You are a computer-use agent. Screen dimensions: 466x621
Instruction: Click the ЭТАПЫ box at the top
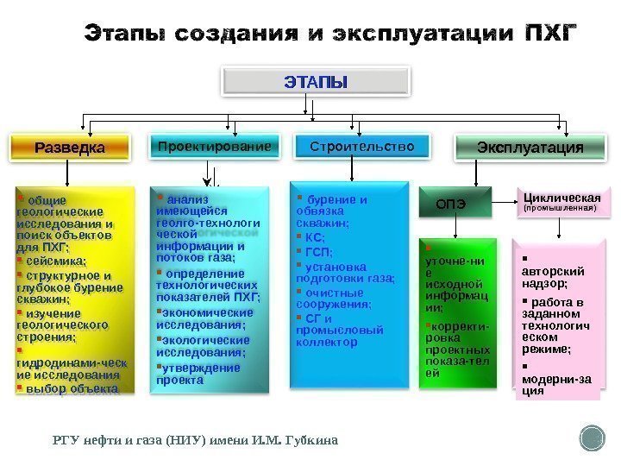(x=316, y=82)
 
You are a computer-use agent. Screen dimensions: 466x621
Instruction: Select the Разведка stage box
(x=69, y=148)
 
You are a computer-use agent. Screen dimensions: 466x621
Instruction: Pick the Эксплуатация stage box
(x=530, y=148)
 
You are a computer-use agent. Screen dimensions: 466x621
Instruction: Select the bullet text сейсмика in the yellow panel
(x=57, y=261)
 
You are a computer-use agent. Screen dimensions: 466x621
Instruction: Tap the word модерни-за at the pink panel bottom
(x=555, y=377)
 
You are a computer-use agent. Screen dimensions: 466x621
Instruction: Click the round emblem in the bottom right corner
(x=593, y=438)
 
